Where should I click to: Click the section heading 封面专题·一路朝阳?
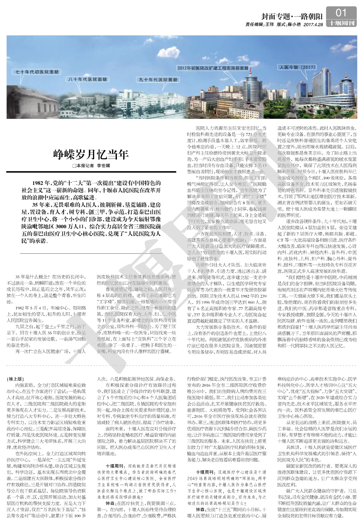(288, 17)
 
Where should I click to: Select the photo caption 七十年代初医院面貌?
(36, 72)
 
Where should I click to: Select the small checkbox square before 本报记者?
(74, 166)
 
